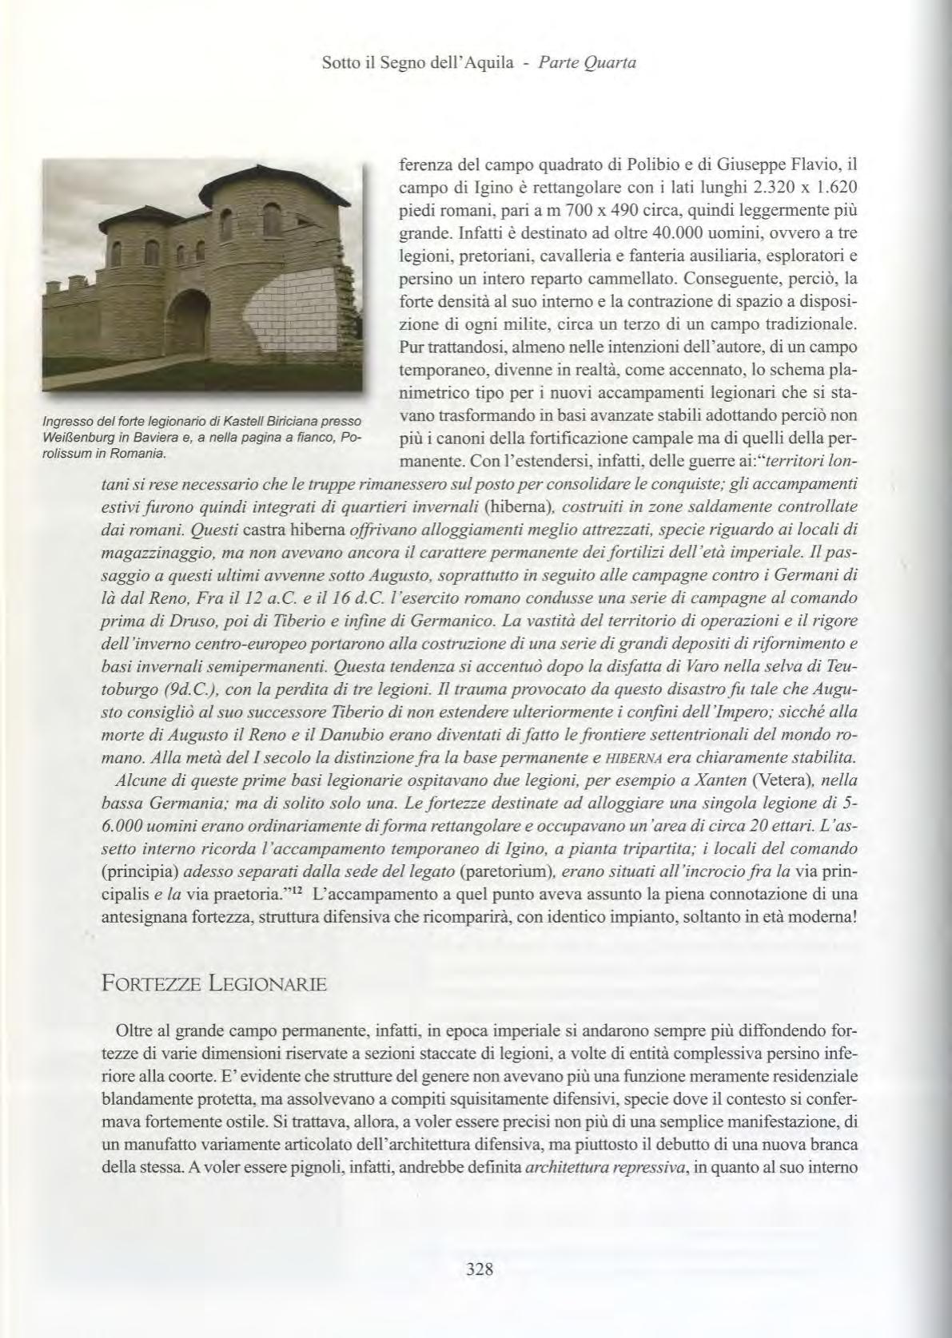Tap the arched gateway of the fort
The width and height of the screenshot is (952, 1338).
pos(189,328)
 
